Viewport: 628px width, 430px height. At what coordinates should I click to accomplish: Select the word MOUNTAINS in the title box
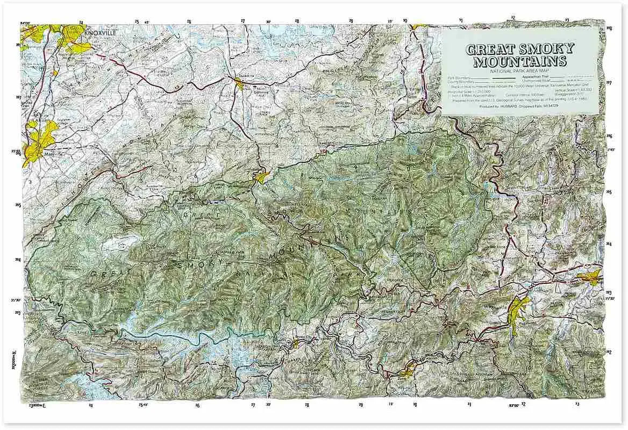pos(519,61)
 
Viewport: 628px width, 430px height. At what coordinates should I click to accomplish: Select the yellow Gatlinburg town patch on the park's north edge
pos(262,175)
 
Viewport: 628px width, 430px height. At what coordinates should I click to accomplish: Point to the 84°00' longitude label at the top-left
pos(25,23)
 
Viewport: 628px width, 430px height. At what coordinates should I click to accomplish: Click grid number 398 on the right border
pos(609,28)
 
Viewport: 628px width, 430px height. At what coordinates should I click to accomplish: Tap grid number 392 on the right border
pos(609,353)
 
